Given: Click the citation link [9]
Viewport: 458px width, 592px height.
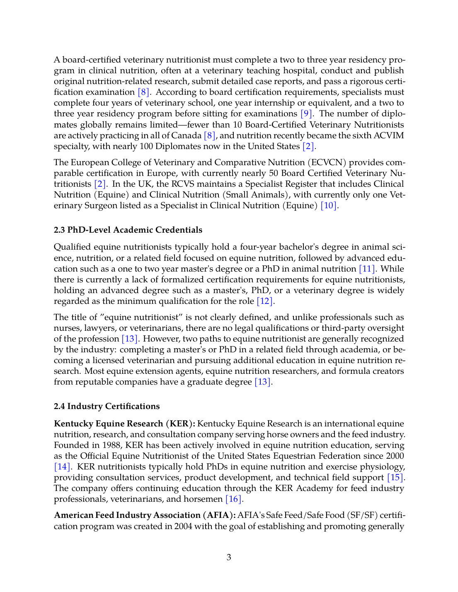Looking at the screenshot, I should (x=306, y=114).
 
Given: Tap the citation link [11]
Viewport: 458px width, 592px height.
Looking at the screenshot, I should (x=367, y=269).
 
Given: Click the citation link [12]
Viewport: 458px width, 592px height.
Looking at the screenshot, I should (x=265, y=301).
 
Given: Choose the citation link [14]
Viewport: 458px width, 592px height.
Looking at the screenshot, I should (x=62, y=467).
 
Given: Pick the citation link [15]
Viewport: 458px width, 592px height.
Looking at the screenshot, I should (x=395, y=478).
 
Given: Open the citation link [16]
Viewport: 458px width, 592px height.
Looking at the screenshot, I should (x=233, y=499).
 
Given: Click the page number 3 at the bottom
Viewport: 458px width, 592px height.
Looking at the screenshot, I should (x=229, y=557).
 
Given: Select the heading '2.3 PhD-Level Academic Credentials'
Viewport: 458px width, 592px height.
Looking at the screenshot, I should (x=128, y=230).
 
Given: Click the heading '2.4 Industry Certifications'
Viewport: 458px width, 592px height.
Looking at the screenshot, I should (x=107, y=407).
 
